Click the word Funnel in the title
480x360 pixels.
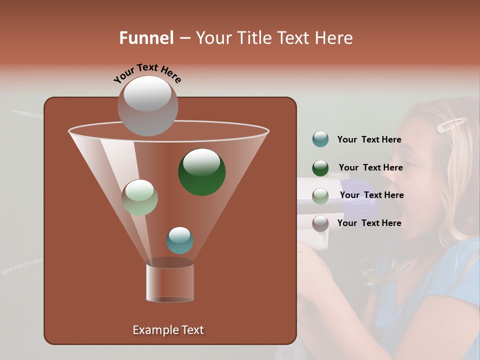[146, 38]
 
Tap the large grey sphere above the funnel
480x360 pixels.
[147, 106]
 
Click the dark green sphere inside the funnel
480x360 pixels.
[201, 172]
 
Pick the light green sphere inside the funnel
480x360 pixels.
[139, 197]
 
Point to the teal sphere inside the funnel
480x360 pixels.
[179, 240]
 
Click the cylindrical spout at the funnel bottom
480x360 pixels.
[169, 281]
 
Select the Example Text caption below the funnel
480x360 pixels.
[168, 330]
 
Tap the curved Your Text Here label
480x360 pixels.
[147, 73]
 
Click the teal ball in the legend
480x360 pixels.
[320, 139]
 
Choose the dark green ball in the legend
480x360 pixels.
[320, 168]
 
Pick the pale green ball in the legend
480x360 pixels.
[320, 196]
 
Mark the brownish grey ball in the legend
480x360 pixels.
[320, 223]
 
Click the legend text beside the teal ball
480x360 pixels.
[369, 140]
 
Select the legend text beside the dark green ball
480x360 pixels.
[370, 167]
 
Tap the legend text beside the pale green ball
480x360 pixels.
[371, 195]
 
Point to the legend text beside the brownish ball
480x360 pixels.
[369, 223]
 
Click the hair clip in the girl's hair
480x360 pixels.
[451, 125]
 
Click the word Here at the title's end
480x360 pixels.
[334, 38]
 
